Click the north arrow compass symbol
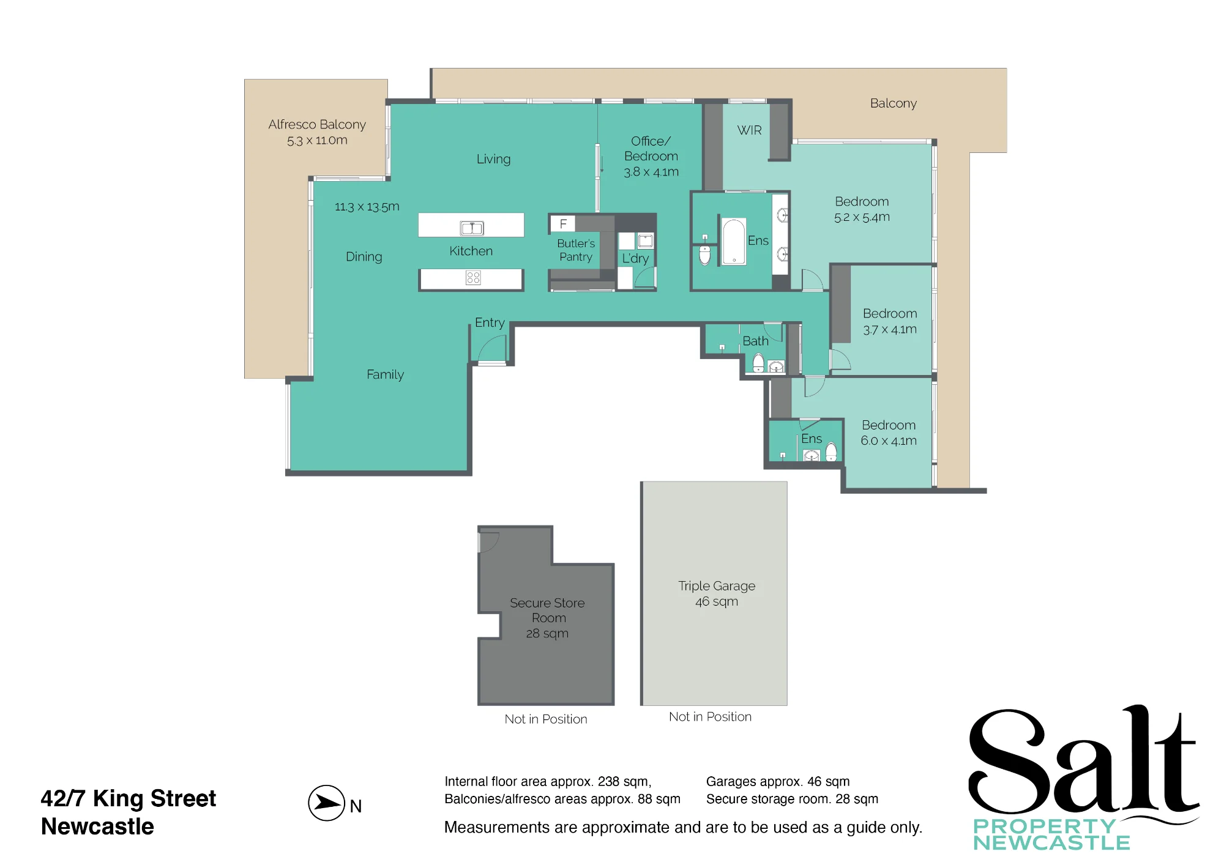tap(327, 803)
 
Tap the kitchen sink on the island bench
tap(472, 228)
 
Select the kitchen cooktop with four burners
tap(473, 278)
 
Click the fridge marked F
tap(563, 224)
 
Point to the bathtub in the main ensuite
tap(734, 242)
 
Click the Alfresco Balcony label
tap(317, 124)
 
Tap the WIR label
tap(750, 130)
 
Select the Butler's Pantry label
tap(576, 250)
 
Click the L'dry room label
tap(635, 259)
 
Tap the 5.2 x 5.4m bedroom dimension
tap(862, 217)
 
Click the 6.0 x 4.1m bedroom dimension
tap(889, 440)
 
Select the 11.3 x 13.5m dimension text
tap(367, 207)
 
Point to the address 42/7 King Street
tap(128, 798)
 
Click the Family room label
tap(385, 374)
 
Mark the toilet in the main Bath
tap(758, 363)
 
